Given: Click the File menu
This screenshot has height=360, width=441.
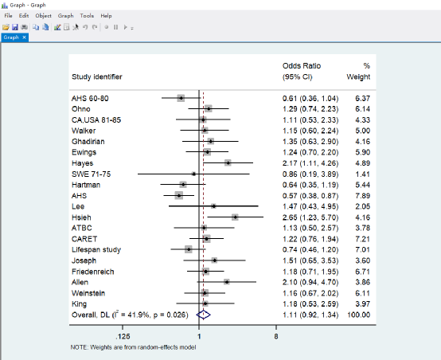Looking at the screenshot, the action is pyautogui.click(x=8, y=16).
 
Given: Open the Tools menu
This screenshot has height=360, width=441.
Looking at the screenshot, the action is pyautogui.click(x=87, y=16).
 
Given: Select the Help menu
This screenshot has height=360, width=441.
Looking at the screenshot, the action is pyautogui.click(x=106, y=16).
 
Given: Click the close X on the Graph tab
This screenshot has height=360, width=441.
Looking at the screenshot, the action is pyautogui.click(x=24, y=37).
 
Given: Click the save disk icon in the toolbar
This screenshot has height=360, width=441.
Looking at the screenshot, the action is pyautogui.click(x=15, y=27).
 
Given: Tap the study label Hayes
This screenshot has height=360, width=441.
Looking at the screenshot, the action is pyautogui.click(x=83, y=163).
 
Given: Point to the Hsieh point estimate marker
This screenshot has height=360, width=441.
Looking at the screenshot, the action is pyautogui.click(x=235, y=217).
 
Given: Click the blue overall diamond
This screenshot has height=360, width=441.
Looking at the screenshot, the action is pyautogui.click(x=203, y=315).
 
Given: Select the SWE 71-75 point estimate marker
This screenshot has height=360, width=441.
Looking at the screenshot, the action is pyautogui.click(x=193, y=174).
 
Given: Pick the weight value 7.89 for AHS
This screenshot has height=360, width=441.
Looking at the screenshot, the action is pyautogui.click(x=362, y=196).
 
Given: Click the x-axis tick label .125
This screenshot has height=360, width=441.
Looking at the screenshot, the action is pyautogui.click(x=123, y=336).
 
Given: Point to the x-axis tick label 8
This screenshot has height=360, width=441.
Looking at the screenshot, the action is pyautogui.click(x=276, y=336).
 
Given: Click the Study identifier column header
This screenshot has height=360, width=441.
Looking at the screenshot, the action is pyautogui.click(x=97, y=76).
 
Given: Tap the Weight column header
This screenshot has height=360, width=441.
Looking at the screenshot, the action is pyautogui.click(x=358, y=76).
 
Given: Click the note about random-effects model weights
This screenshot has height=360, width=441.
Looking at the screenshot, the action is pyautogui.click(x=133, y=347).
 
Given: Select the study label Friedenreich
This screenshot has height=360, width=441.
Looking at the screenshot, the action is pyautogui.click(x=93, y=272).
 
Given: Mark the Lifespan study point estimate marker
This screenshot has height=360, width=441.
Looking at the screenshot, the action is pyautogui.click(x=189, y=249).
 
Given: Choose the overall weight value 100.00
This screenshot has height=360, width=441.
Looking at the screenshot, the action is pyautogui.click(x=358, y=315).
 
